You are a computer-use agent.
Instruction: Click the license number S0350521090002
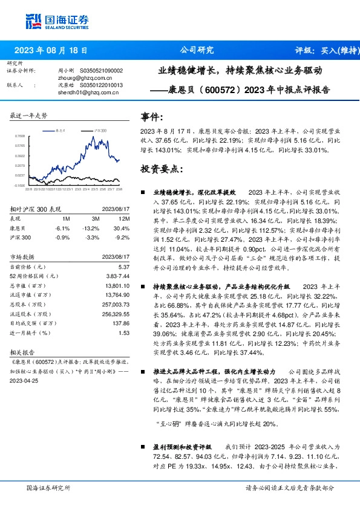pyautogui.click(x=104, y=71)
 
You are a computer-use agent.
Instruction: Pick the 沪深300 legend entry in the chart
pyautogui.click(x=99, y=130)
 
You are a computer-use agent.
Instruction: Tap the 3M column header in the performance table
pyautogui.click(x=94, y=218)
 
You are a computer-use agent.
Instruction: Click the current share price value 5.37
pyautogui.click(x=124, y=267)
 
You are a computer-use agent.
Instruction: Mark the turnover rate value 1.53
pyautogui.click(x=124, y=332)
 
